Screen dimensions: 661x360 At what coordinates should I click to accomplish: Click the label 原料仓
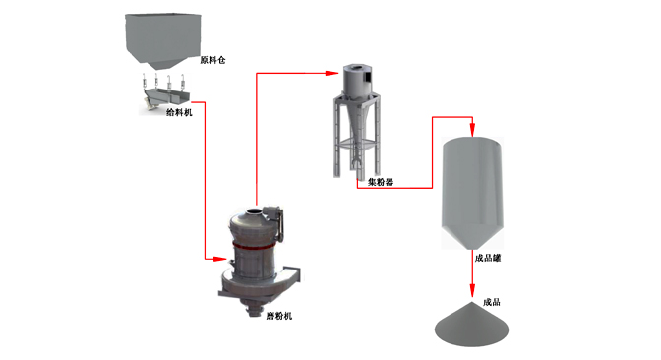212,60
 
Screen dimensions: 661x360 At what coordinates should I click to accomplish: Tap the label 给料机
179,112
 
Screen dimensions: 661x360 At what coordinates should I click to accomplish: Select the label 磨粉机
278,316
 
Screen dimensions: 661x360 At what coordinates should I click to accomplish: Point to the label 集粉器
381,182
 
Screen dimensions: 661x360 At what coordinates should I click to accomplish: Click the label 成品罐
488,258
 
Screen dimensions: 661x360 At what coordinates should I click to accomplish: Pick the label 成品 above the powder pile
492,302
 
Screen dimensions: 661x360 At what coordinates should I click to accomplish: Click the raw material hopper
162,41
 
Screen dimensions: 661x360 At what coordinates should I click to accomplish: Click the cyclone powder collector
357,122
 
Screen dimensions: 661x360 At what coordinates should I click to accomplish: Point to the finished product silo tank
472,193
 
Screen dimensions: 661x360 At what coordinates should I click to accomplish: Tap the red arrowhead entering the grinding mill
220,259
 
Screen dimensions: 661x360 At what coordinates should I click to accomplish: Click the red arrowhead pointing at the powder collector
332,73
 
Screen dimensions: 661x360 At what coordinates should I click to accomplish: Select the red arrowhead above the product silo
472,130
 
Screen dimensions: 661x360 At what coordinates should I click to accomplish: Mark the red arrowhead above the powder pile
472,290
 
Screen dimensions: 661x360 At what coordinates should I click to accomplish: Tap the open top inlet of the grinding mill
254,210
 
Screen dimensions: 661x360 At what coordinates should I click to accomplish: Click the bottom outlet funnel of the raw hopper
162,65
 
